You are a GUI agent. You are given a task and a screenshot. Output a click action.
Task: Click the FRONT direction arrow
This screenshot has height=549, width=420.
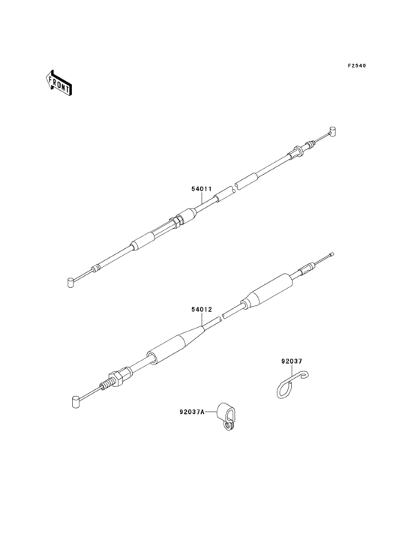coord(58,82)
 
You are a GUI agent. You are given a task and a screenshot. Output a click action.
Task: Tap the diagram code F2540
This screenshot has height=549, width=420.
coord(356,65)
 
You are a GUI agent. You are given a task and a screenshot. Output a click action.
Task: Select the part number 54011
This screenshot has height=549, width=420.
coord(201,189)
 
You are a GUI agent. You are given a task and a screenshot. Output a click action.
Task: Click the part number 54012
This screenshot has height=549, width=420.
coord(202,310)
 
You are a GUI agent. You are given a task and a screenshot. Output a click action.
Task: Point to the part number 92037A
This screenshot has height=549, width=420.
coord(192,412)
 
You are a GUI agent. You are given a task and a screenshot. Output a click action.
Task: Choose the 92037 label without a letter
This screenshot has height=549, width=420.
coord(292,361)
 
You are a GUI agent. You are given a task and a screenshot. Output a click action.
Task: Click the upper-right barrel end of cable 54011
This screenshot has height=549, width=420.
coord(333,130)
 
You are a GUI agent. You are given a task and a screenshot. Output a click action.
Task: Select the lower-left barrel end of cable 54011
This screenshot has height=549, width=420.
coord(70,282)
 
